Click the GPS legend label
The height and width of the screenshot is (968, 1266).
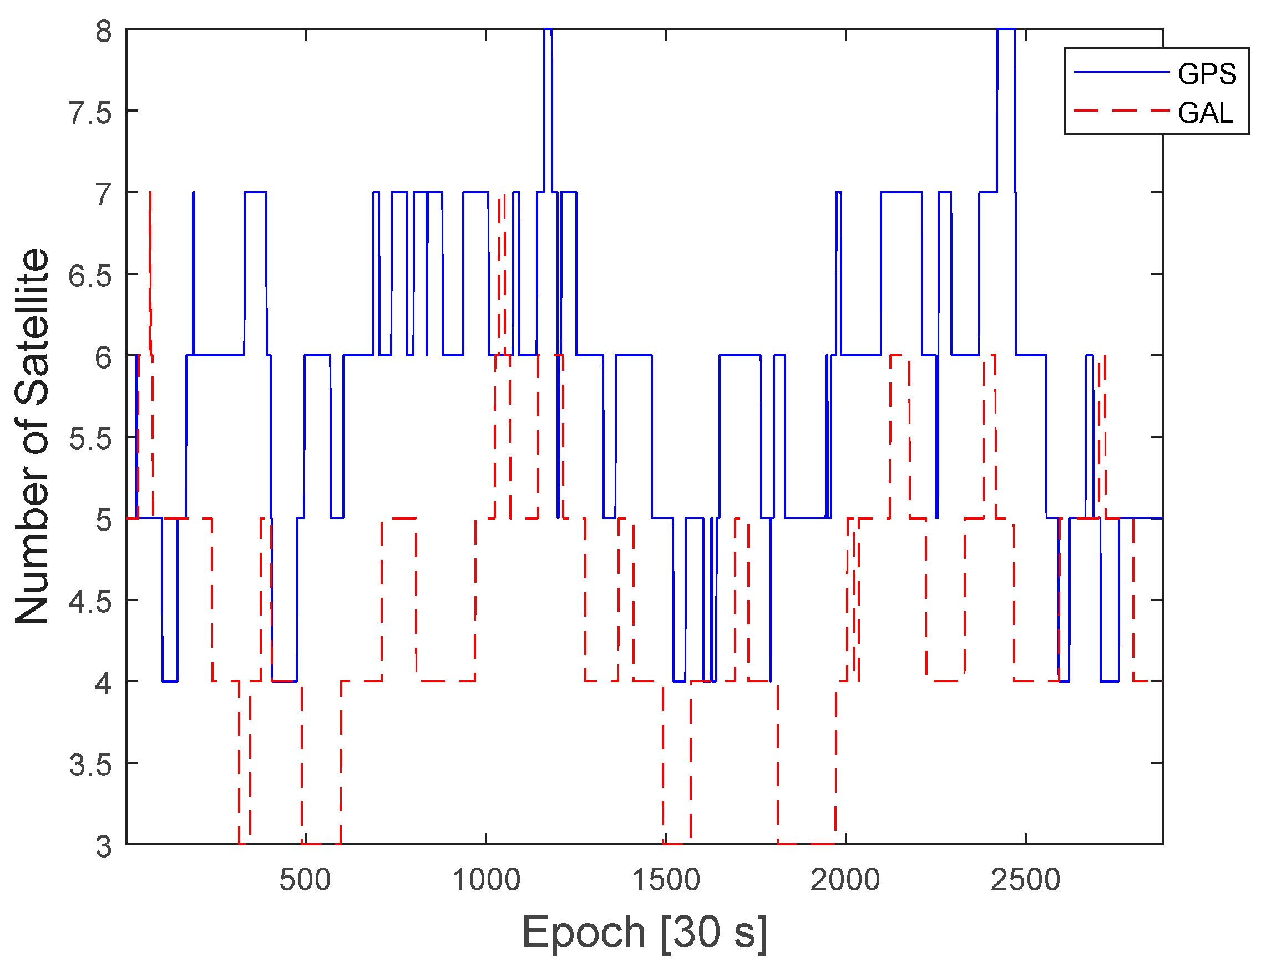(x=1207, y=74)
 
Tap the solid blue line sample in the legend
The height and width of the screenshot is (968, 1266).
(x=1121, y=72)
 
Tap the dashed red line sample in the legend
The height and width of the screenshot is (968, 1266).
(x=1121, y=110)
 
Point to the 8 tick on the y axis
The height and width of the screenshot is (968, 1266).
(x=104, y=31)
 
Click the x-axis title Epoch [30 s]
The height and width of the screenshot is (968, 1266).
(x=644, y=932)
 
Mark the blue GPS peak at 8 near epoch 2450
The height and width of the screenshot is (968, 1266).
(x=1006, y=30)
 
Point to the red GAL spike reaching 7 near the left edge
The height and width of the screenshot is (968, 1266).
(x=150, y=196)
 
